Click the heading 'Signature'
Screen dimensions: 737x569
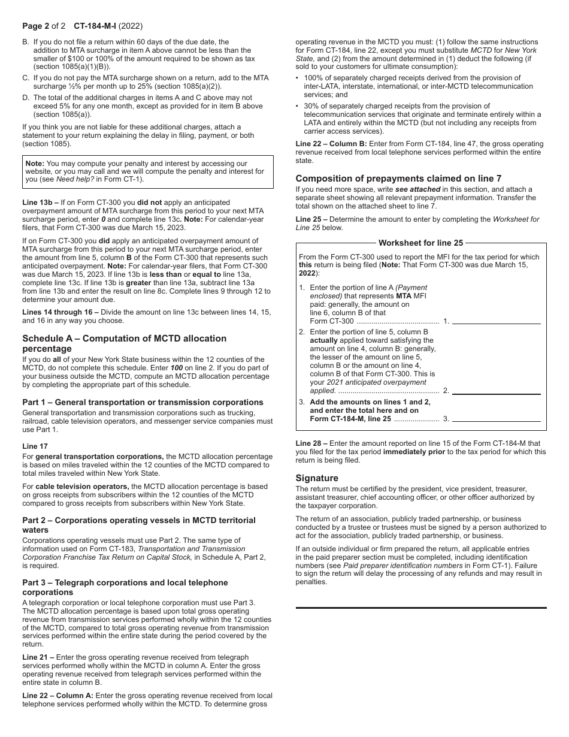point(317,478)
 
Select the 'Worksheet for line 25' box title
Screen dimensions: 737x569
point(420,243)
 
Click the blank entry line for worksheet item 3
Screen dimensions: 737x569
point(496,418)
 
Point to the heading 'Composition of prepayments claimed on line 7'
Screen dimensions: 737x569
point(398,178)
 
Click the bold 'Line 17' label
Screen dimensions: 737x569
point(35,446)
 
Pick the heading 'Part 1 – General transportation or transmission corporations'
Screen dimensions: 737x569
point(143,402)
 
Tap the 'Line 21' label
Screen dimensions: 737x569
point(35,657)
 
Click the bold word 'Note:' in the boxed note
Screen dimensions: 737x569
point(35,163)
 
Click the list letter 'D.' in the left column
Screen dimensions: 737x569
point(26,97)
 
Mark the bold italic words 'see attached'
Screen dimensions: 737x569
point(417,189)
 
